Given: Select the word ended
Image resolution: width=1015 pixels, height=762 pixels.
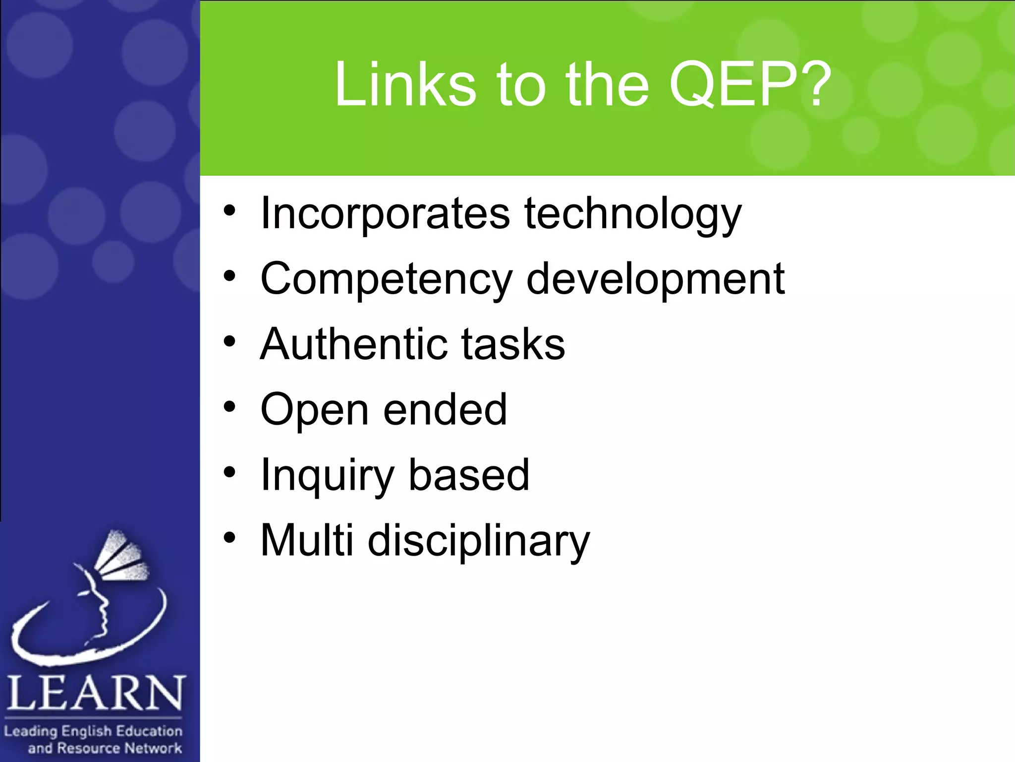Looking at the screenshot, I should pyautogui.click(x=445, y=409).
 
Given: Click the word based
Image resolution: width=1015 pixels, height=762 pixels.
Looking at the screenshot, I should pyautogui.click(x=469, y=475).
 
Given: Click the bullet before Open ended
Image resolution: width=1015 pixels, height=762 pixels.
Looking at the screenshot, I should pyautogui.click(x=229, y=407).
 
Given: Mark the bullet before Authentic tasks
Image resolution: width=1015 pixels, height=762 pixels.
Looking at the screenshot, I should pyautogui.click(x=229, y=341).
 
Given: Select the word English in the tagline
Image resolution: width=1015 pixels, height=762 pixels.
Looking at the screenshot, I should pyautogui.click(x=87, y=731).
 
